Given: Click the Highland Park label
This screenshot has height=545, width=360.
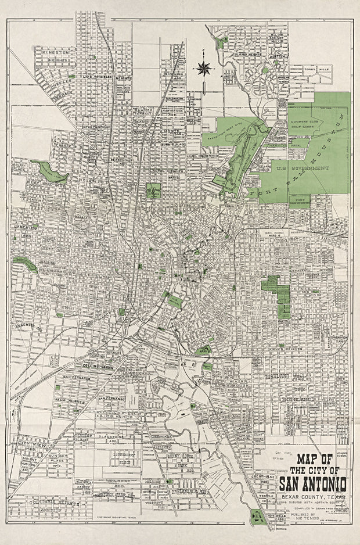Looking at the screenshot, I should pyautogui.click(x=298, y=379).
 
